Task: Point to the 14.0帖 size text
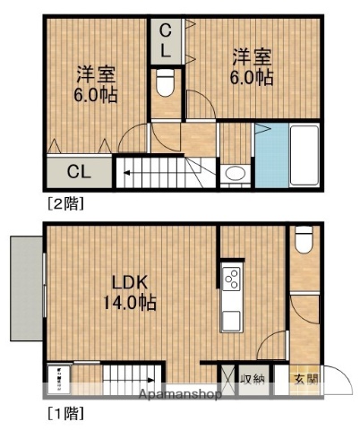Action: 132,303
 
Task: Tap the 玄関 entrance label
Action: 304,378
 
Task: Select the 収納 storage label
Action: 254,378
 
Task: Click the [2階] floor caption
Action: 64,203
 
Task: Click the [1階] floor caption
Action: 64,414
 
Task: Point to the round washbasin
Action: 236,174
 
